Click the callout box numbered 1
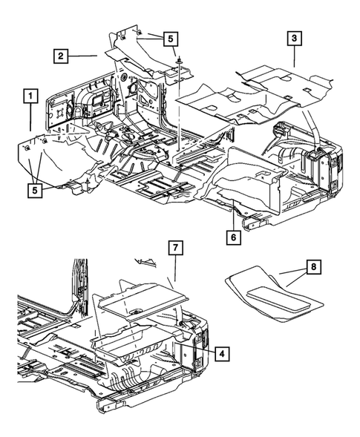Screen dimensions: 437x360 click(30, 96)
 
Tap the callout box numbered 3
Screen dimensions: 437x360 click(295, 38)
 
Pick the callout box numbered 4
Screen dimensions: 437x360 click(220, 354)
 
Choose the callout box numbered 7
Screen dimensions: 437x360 click(174, 249)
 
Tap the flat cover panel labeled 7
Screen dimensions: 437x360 click(141, 298)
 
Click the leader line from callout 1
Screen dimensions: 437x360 click(30, 119)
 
